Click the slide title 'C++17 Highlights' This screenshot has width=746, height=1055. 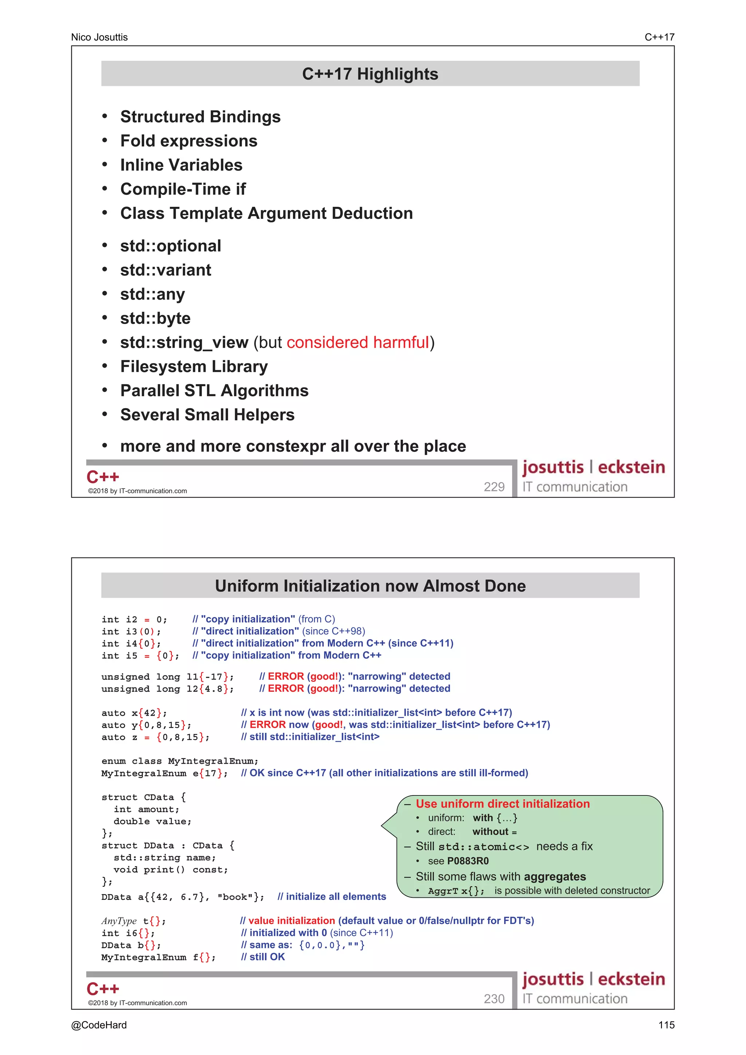[x=370, y=74]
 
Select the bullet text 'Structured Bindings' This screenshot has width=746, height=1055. [x=200, y=117]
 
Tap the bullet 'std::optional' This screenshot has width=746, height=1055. [x=170, y=246]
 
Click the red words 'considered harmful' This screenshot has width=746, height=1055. [x=358, y=342]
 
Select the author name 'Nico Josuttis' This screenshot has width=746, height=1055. [x=99, y=37]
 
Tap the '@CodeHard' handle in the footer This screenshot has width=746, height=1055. [x=99, y=1025]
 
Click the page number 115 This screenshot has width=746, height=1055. [x=666, y=1025]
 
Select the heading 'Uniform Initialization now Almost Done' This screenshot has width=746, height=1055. [x=370, y=586]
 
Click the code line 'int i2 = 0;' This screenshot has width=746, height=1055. [x=134, y=619]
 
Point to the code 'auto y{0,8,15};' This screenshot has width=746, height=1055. [x=146, y=724]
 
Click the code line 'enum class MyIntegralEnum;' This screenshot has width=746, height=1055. [x=180, y=761]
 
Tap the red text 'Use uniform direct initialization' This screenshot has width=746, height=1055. [x=502, y=804]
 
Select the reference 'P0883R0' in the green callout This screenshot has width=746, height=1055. [x=467, y=861]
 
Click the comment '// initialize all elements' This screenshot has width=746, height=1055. [x=332, y=897]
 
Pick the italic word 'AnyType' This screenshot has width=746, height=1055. [x=119, y=921]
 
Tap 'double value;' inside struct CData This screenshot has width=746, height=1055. [x=152, y=821]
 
